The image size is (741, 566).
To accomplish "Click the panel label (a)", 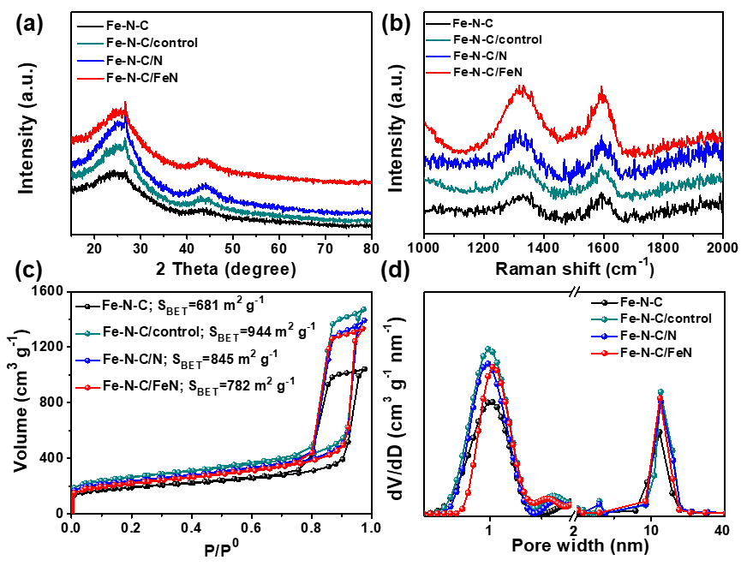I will [x=29, y=25].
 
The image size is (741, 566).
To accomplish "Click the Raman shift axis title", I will [x=572, y=269].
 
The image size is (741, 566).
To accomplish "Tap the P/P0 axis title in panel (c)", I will [x=220, y=545].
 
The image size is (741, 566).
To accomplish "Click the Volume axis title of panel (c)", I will [x=20, y=402].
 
